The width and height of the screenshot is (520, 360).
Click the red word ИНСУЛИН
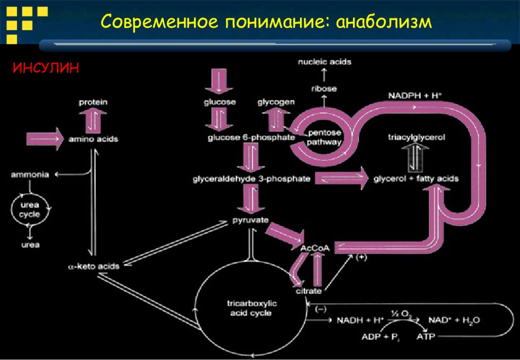coord(46,68)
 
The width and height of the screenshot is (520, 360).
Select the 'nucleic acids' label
coord(324,62)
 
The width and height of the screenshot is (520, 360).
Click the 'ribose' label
coord(324,88)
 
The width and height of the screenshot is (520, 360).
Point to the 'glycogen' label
coord(276,102)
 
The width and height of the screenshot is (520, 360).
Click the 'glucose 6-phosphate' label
coord(251,138)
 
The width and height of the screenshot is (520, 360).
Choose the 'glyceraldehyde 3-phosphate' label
coord(251,179)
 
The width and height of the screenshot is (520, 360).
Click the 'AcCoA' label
coord(315,248)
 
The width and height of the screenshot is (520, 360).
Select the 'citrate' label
coord(309,291)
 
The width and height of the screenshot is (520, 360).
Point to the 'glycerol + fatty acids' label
coord(416,179)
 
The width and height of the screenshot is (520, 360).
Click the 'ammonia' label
coord(30,175)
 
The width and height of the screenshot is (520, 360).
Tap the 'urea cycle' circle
coord(30,210)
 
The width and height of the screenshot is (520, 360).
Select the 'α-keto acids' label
coord(93,266)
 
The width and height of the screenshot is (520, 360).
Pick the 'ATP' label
coord(425,336)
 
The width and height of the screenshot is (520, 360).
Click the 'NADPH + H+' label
coord(412,95)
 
